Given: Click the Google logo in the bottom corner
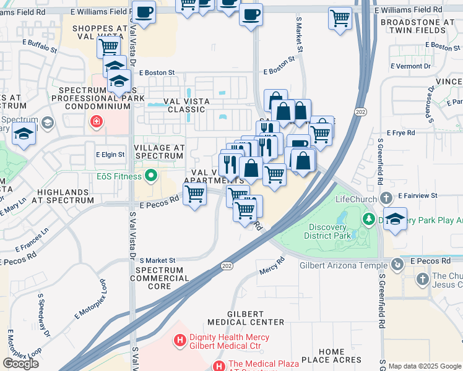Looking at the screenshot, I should click(20, 363).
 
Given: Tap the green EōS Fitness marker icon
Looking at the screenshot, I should click(150, 177).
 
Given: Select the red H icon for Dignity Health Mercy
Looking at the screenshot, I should click(180, 339).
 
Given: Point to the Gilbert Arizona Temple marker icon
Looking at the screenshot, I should click(397, 264).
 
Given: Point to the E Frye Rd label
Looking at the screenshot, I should click(400, 133).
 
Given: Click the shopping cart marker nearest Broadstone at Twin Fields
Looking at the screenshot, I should click(340, 19).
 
